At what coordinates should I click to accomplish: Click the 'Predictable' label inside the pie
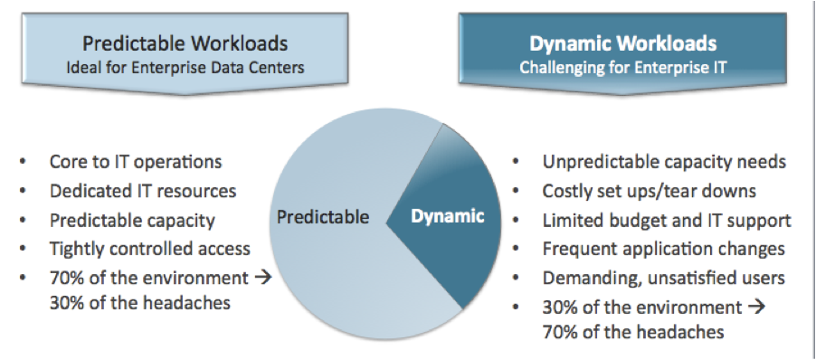[323, 217]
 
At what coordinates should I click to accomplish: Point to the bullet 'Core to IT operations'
[136, 163]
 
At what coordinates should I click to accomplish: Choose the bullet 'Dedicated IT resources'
[142, 191]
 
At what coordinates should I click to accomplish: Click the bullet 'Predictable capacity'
[132, 219]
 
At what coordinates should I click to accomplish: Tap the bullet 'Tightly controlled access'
[149, 247]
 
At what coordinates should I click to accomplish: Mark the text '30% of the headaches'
[139, 302]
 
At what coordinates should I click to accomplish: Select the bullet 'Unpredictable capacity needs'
[664, 163]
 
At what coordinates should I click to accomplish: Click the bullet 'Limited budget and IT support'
[667, 219]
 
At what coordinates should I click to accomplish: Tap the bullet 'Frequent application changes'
[663, 247]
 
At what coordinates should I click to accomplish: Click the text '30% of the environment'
[642, 306]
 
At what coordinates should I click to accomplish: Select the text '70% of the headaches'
[633, 332]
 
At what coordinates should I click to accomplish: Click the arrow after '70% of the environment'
[262, 275]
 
